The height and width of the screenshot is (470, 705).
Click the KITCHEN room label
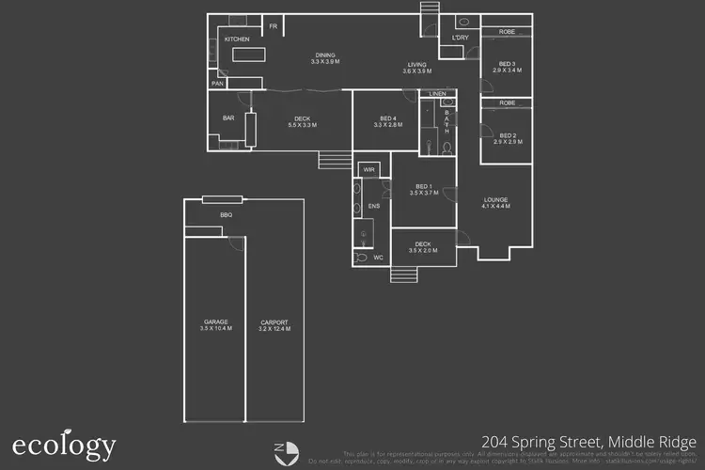point(236,39)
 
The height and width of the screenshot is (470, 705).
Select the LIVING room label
point(416,66)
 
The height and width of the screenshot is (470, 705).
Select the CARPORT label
point(274,324)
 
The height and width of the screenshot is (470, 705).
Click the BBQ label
point(226,215)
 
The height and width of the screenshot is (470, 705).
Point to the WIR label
point(368,170)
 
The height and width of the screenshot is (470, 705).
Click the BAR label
point(228,118)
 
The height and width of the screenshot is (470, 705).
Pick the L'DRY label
point(460,38)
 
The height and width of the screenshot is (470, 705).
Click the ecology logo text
point(64,445)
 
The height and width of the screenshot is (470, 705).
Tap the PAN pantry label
point(217,84)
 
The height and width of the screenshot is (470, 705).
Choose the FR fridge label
point(274,26)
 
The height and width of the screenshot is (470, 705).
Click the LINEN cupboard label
point(437,94)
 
